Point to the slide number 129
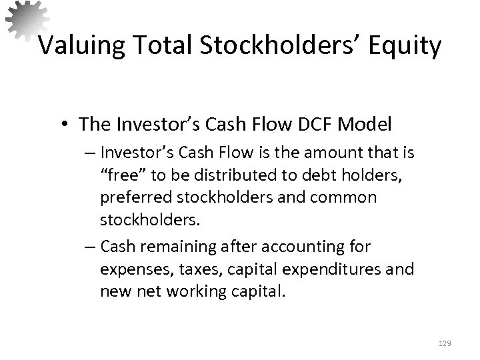(x=445, y=343)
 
